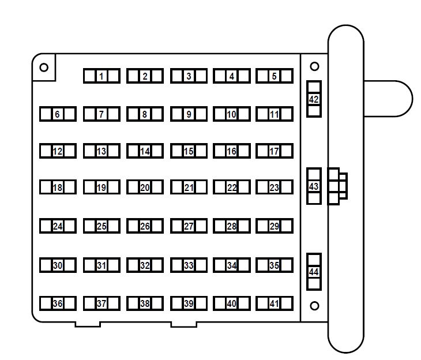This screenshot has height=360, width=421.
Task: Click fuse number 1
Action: [x=102, y=76]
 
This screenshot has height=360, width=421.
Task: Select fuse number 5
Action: [x=275, y=76]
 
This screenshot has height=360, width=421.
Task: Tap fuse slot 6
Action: [x=58, y=114]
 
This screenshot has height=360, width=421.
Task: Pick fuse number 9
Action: [x=189, y=114]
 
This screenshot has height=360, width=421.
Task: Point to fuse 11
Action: [x=275, y=114]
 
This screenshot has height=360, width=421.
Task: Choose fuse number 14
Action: [x=145, y=151]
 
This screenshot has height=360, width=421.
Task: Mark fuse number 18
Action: [x=58, y=187]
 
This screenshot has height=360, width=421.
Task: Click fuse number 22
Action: [x=231, y=187]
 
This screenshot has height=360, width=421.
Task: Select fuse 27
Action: [x=189, y=226]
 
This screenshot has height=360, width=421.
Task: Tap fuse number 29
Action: [x=275, y=226]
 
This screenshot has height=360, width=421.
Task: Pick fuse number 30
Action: [x=58, y=265]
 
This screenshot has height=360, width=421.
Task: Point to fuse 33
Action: [x=189, y=265]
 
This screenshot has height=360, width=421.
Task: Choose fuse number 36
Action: [x=58, y=303]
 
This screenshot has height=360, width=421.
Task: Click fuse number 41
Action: [x=275, y=303]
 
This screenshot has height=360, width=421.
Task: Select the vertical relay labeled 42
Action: [x=314, y=99]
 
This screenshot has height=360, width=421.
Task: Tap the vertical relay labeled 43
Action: [x=314, y=186]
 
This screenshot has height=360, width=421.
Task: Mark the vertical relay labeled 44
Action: [x=314, y=272]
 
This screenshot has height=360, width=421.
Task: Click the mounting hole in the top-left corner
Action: [x=44, y=67]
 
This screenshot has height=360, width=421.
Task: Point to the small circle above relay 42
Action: [x=314, y=67]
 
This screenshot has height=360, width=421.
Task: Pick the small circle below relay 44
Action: [x=314, y=306]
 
